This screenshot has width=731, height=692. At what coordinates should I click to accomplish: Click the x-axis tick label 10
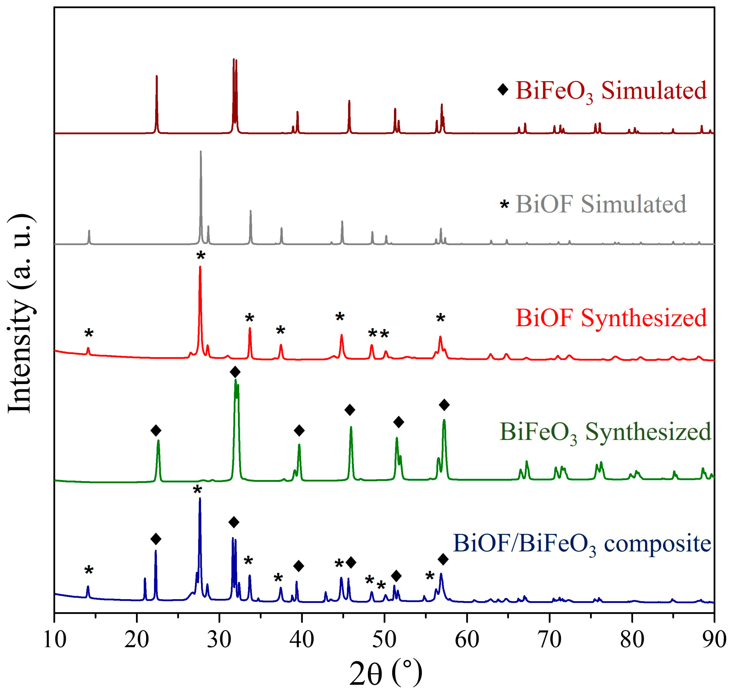click(55, 641)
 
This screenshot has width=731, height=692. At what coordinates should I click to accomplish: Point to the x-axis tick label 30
click(220, 641)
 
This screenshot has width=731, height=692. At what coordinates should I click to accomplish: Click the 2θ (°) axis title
click(385, 674)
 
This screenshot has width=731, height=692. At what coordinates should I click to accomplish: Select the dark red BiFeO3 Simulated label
click(611, 91)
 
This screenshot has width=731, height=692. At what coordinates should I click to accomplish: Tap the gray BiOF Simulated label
click(601, 204)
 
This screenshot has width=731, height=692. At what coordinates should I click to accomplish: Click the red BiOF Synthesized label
click(611, 318)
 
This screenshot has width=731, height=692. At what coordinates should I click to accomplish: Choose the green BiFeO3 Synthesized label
click(605, 432)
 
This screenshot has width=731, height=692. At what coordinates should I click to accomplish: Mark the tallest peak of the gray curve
click(201, 152)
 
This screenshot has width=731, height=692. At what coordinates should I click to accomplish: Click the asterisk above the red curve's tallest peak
click(201, 255)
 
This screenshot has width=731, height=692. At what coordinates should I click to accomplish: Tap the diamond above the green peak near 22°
click(156, 430)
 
